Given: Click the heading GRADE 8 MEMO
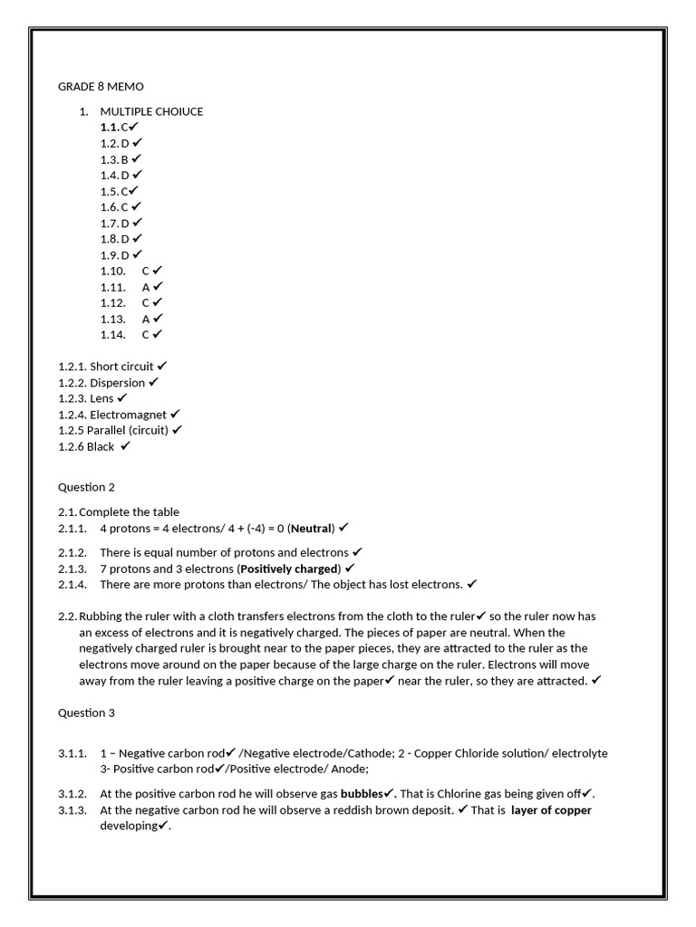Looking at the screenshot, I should coord(101,86).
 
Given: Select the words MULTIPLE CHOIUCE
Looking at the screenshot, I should coord(151,111).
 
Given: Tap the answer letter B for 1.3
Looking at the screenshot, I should coord(125,159).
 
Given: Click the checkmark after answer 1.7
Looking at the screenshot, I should coord(137,223).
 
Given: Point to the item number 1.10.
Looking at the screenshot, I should coord(112,271).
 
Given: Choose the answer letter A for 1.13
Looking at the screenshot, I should coord(145,319).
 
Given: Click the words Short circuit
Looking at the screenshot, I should coord(121,367).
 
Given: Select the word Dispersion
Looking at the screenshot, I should coord(117,383).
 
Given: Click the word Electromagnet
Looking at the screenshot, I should coord(128,415).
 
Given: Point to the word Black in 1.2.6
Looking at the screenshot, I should coord(101,446).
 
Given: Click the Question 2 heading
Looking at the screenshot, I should coord(87,487).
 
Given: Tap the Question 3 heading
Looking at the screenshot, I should coord(87,712).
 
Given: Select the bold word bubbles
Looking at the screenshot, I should coord(361,794).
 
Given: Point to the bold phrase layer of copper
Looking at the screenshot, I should coord(551,810).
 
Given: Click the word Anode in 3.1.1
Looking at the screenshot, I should coord(348,769).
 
